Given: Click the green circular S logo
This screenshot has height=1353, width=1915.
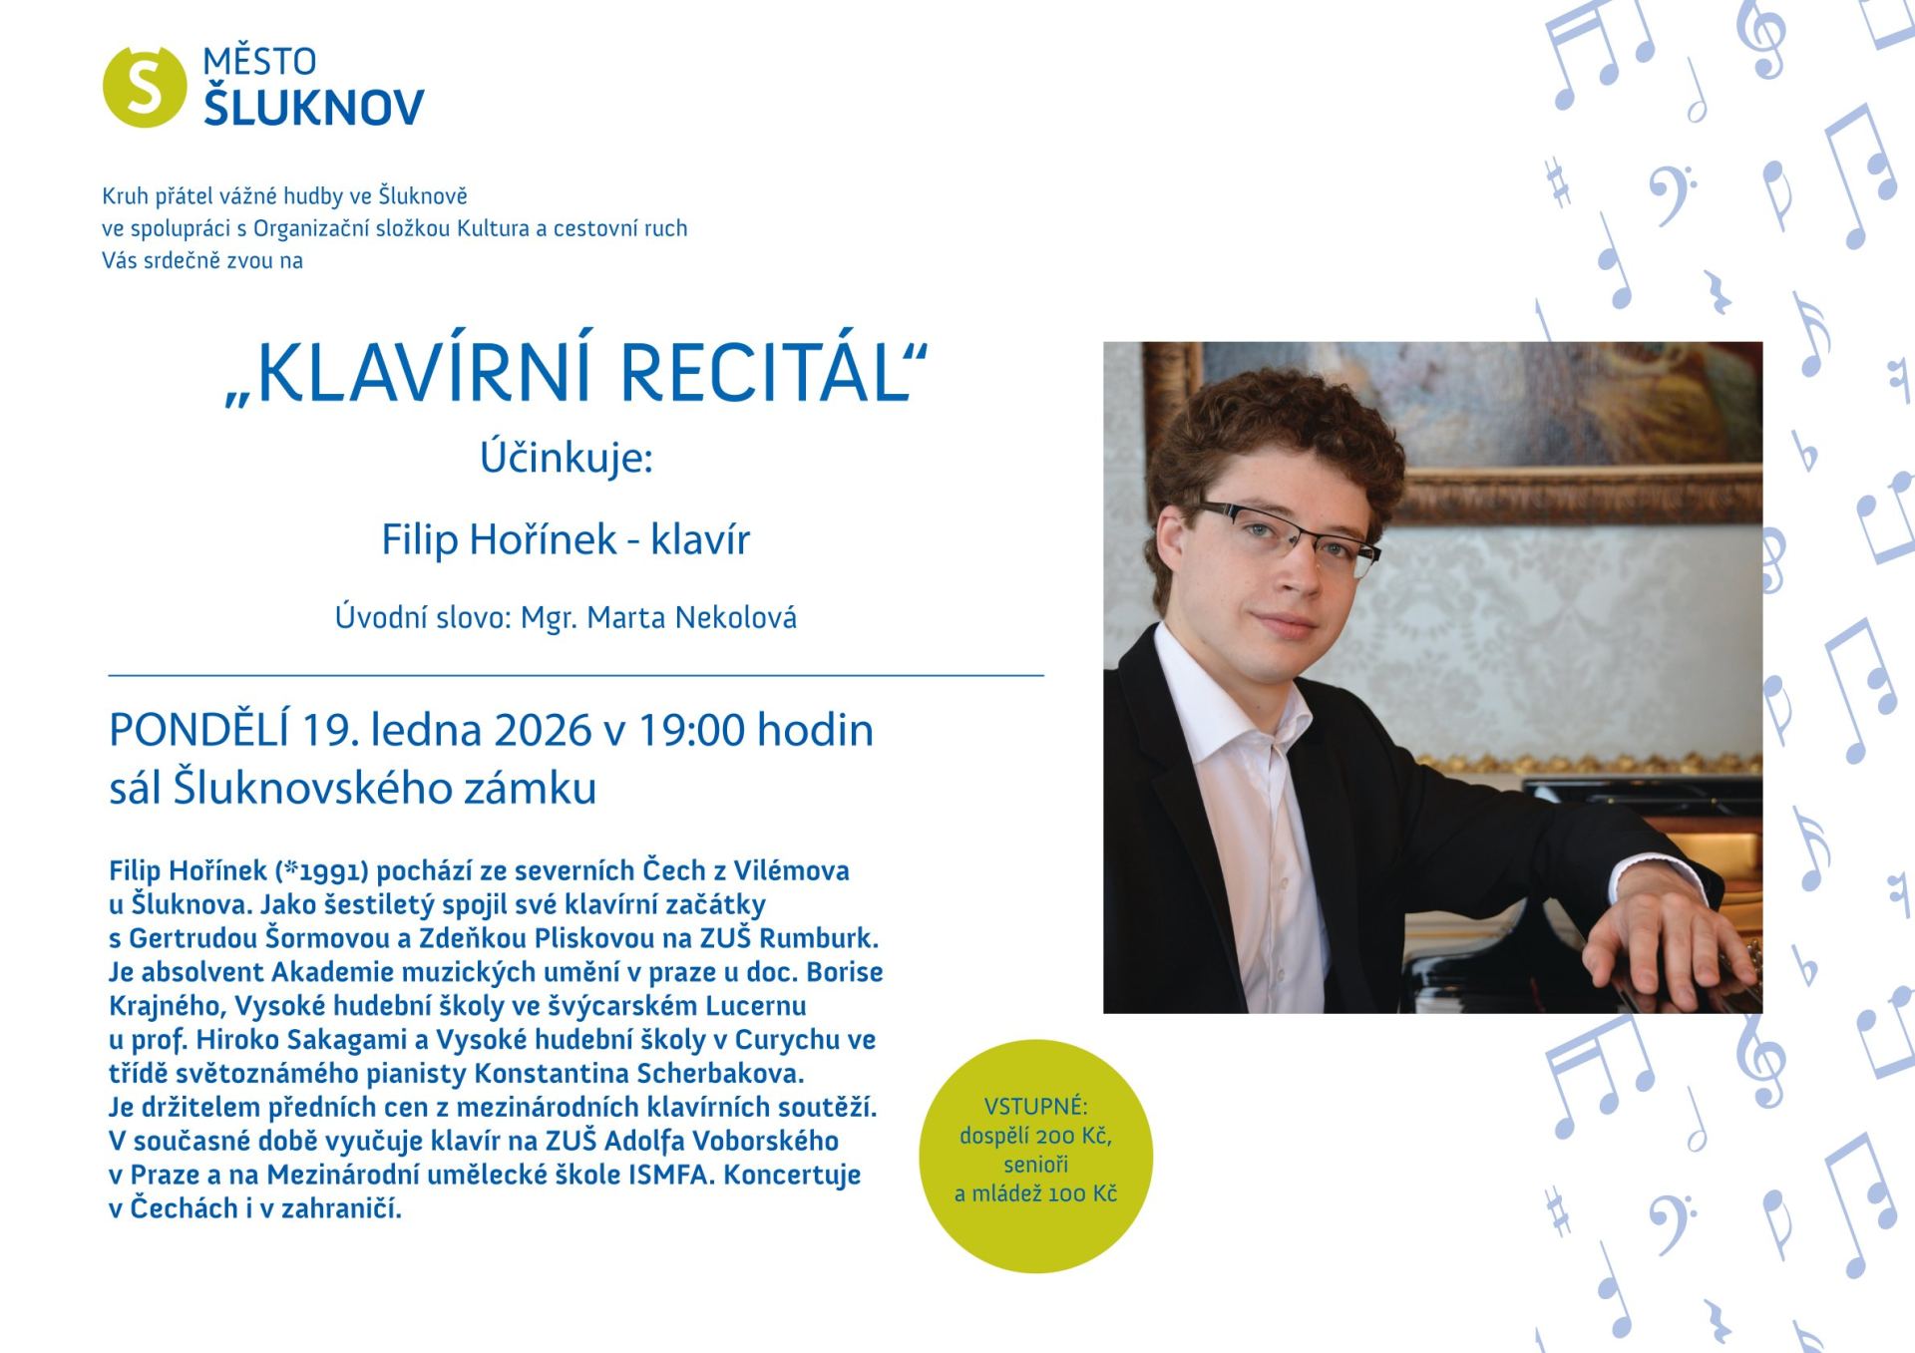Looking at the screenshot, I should click(x=145, y=87).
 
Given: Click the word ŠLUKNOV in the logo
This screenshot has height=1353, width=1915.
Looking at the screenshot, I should click(x=314, y=107).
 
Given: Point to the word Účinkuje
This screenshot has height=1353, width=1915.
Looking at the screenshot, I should click(x=566, y=458).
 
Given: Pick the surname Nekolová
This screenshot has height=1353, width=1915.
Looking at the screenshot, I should click(x=735, y=618).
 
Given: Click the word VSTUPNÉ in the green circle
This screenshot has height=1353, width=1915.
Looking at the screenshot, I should click(x=1035, y=1106).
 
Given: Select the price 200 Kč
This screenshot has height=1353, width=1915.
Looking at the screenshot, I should click(x=1073, y=1136).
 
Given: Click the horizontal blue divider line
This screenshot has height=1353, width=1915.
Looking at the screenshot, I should click(x=575, y=675).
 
